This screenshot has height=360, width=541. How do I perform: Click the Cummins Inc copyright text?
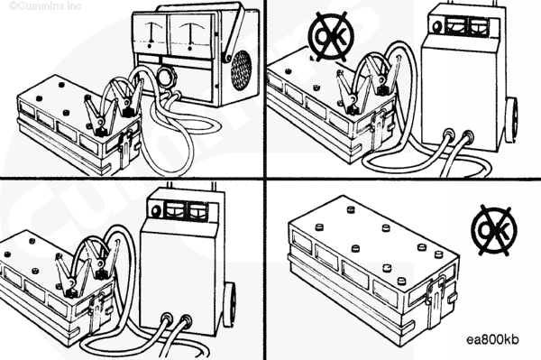coord(45,6)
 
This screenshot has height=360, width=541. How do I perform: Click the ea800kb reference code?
coord(492,339)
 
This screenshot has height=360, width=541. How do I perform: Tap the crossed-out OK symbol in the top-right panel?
coord(332,36)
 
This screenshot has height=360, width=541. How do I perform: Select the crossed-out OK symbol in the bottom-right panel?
coord(494,231)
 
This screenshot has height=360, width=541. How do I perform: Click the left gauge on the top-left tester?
coord(151,33)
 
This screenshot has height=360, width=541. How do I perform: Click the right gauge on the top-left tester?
coord(189,33)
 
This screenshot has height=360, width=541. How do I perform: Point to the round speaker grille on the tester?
coord(241,70)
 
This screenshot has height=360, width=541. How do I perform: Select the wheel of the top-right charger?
coord(513,119)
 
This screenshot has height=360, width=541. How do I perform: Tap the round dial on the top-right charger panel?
coord(437,26)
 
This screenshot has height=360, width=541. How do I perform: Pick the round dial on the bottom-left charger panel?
coord(155,210)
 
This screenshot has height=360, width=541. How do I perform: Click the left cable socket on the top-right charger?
coord(448,134)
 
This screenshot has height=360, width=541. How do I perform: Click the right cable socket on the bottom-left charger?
coord(187,320)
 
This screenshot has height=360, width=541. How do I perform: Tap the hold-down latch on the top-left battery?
coord(126,145)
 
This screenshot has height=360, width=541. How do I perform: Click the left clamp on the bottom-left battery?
coord(69,276)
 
